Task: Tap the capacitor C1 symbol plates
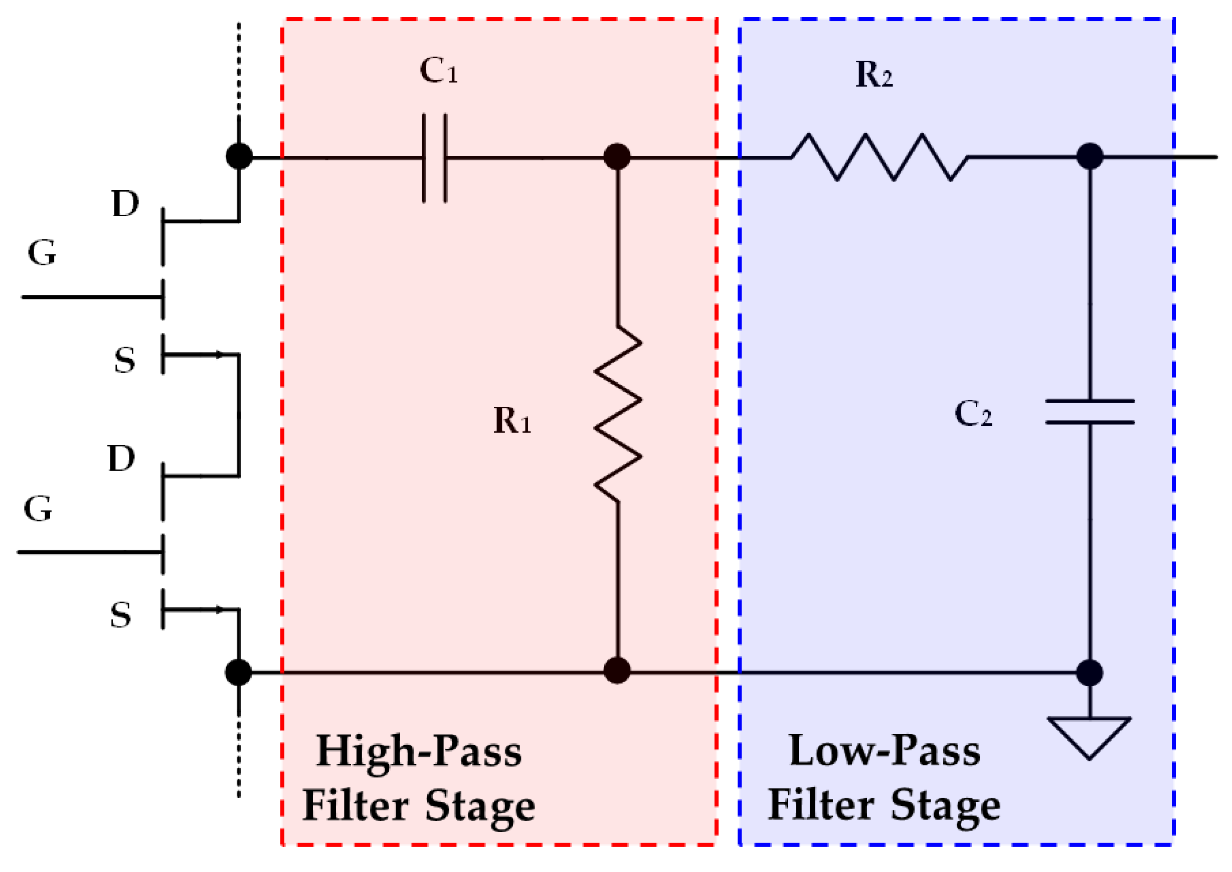tap(434, 158)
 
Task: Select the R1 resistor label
tap(512, 420)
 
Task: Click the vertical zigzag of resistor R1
tap(618, 414)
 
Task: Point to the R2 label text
tap(874, 75)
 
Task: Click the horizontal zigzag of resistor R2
tap(879, 157)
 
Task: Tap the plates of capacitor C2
tap(1090, 412)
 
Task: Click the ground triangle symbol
tap(1089, 736)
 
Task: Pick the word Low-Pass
tap(885, 751)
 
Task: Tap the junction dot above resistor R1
tap(617, 157)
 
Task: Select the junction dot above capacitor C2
tap(1090, 157)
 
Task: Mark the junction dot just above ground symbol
tap(1090, 673)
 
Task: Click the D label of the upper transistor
tap(125, 204)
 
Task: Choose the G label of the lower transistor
tap(38, 509)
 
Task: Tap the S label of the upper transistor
tap(124, 360)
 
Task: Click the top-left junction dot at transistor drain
tap(239, 157)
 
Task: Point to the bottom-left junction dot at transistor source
tap(239, 672)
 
